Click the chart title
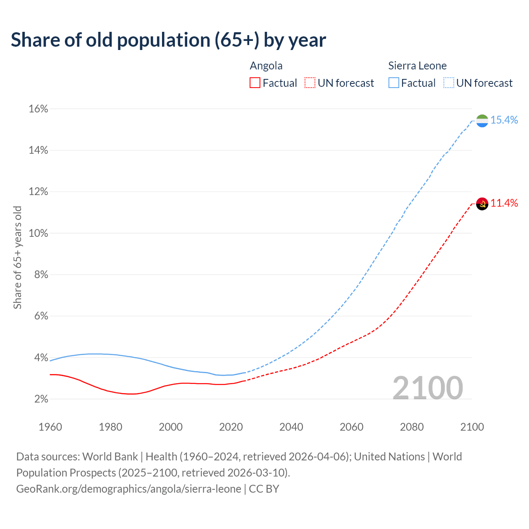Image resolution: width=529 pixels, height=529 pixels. [168, 40]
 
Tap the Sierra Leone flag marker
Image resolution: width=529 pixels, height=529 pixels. [482, 121]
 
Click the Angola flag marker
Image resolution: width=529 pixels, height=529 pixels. [482, 203]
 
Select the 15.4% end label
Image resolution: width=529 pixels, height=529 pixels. [504, 120]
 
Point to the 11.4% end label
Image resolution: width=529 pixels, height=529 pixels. [504, 203]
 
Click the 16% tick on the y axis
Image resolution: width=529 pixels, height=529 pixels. [38, 109]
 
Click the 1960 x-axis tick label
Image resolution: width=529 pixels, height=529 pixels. [50, 427]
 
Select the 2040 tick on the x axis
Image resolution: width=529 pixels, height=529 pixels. [291, 427]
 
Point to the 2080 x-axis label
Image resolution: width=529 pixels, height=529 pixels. [412, 427]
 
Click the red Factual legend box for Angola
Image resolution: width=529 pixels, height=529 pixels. [255, 83]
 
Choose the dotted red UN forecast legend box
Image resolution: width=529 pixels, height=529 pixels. [310, 83]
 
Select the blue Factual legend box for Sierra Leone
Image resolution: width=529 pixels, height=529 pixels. [393, 83]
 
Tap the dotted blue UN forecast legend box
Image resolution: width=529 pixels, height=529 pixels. [448, 83]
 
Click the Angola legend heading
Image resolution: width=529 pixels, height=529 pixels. [266, 66]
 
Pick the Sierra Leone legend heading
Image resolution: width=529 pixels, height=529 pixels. [417, 66]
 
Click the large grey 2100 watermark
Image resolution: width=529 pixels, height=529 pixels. [427, 388]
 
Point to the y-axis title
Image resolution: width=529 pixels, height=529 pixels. [17, 257]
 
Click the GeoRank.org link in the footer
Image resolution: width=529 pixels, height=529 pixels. [129, 489]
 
